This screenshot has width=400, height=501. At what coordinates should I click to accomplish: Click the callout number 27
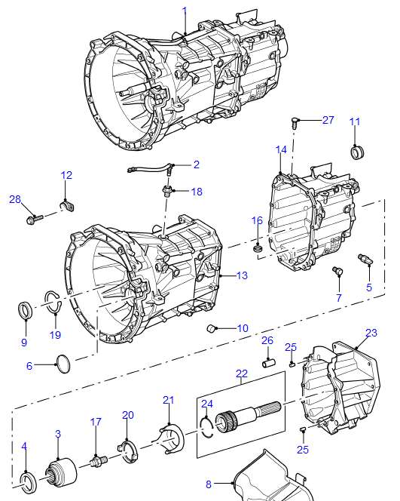328,120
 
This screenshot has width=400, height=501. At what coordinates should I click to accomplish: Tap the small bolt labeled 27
295,123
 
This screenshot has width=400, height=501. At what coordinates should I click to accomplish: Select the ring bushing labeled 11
357,152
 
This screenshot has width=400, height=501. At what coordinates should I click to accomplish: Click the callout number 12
66,175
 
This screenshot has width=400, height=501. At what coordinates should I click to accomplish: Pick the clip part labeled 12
68,205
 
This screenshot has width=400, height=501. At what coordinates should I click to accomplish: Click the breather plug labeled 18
166,190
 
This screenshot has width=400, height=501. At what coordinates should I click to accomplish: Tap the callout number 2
197,164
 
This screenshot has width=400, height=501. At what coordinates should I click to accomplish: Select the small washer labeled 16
258,247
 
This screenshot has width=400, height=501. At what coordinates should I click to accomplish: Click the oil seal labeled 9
25,310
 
